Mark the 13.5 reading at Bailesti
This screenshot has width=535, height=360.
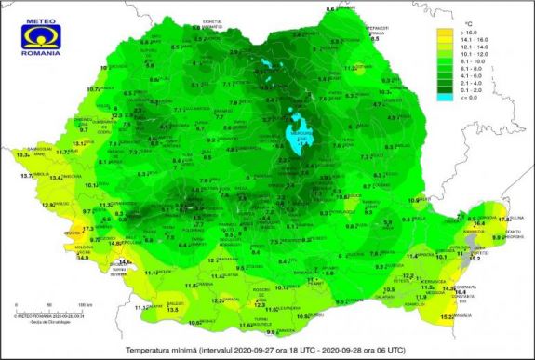173,308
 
